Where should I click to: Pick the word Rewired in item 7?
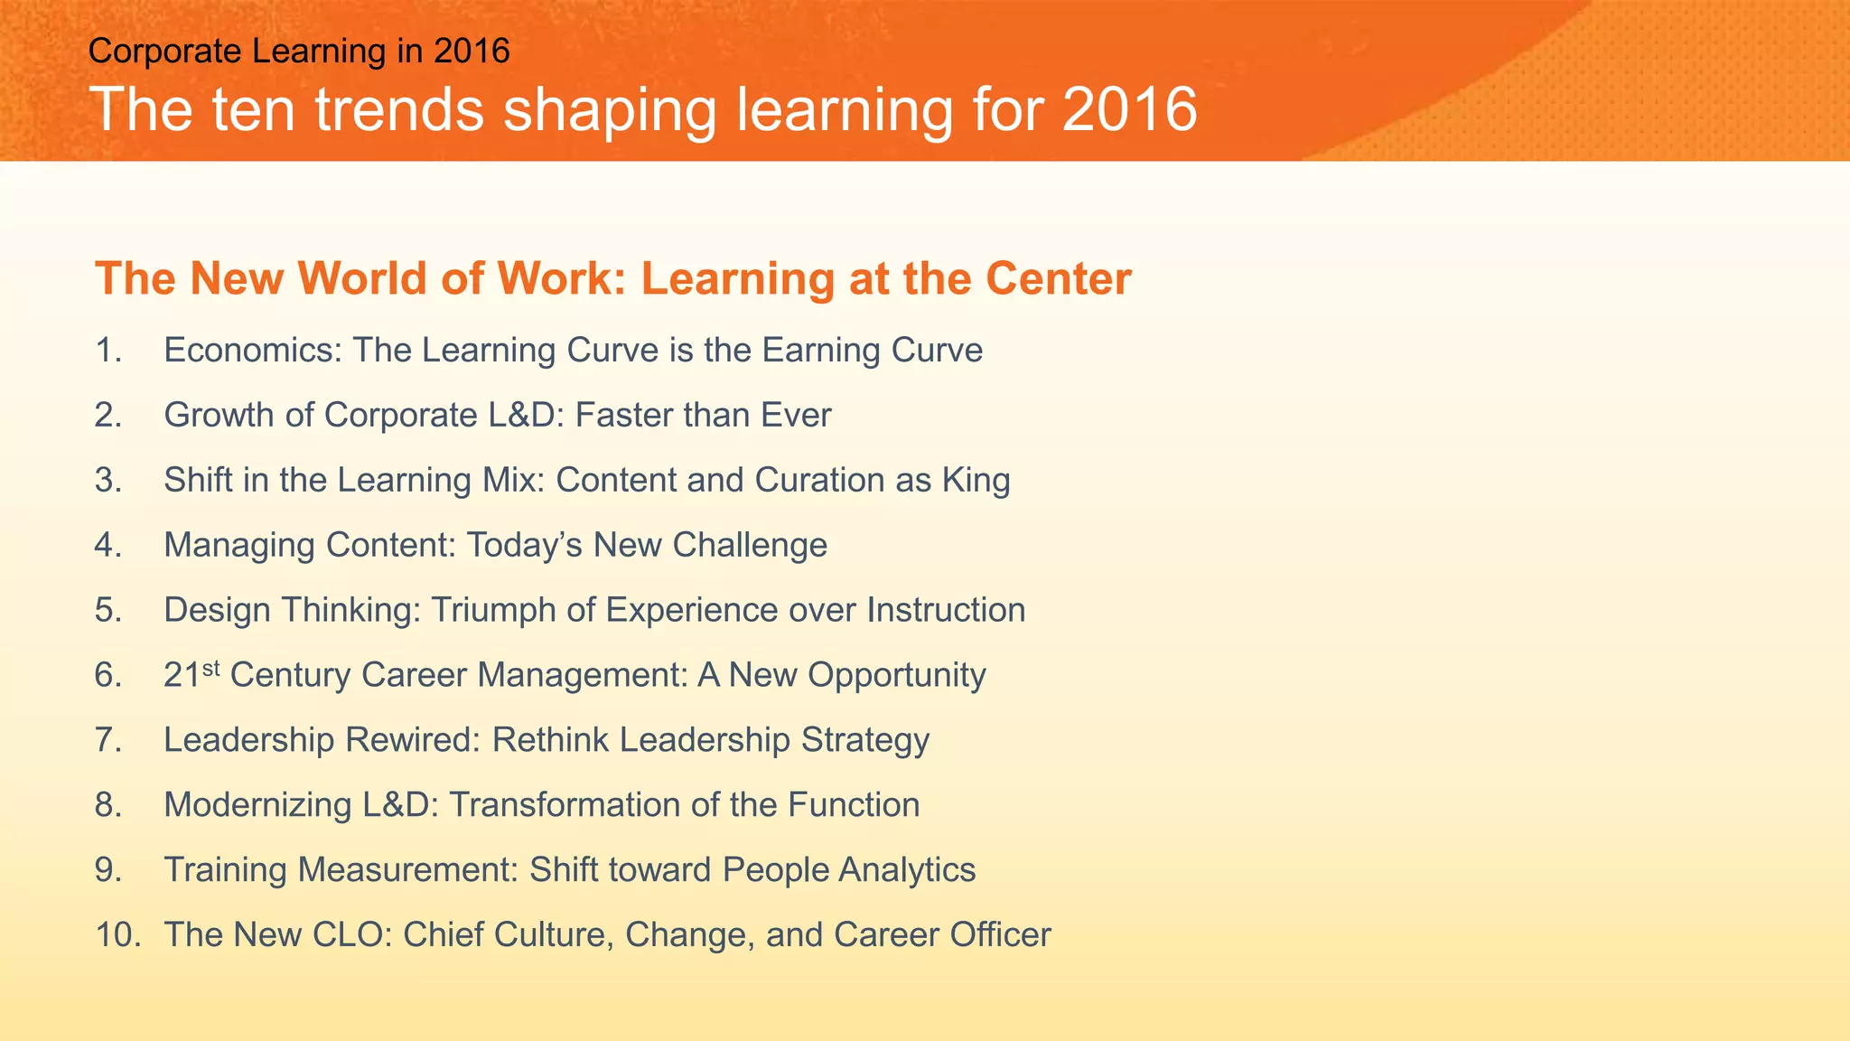413,740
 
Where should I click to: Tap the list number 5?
107,611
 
